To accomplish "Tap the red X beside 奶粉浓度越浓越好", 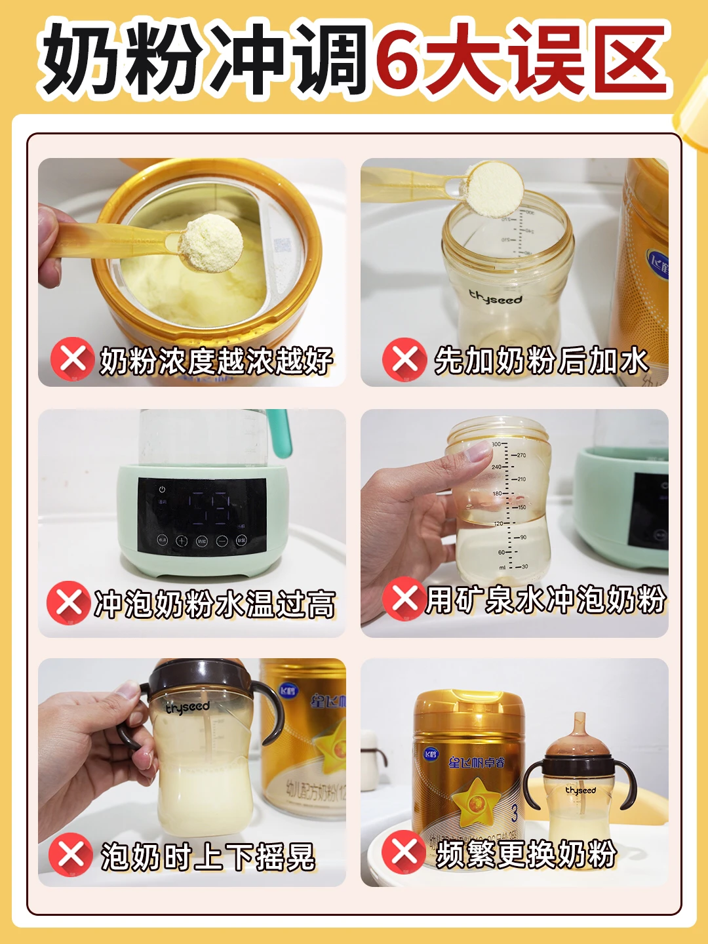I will pos(72,359).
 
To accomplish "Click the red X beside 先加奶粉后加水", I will pos(404,359).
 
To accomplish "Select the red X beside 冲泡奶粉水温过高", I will pos(68,602).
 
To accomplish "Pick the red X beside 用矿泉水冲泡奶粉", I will pos(404,599).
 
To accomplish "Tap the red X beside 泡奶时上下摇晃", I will pos(71,854).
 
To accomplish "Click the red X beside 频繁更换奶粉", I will pos(404,852).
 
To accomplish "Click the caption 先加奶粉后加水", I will pos(541,361).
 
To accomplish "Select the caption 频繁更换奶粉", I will pos(526,854).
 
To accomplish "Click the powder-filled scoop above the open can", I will pos(210,243).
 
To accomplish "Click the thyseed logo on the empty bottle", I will pos(496,298).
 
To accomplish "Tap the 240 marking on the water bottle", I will pos(496,467).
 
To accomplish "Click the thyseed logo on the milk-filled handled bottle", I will pos(187,707).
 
